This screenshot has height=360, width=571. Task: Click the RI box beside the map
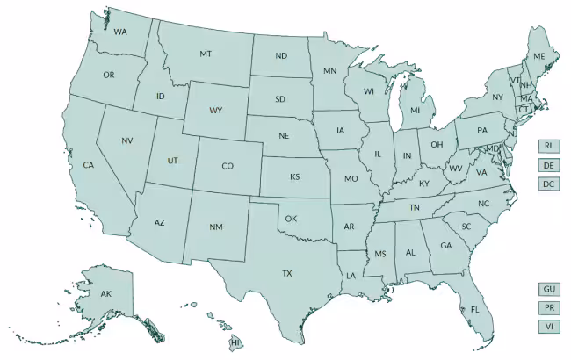(548, 146)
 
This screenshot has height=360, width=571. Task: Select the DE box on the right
(548, 165)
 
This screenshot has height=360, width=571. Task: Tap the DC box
(548, 184)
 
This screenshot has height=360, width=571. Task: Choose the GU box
(548, 289)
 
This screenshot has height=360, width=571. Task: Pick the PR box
(548, 307)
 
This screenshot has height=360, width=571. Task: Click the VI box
(548, 327)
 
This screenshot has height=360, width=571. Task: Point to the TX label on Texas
(286, 274)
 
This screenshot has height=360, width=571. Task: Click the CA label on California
(88, 165)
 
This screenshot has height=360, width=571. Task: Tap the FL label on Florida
(474, 310)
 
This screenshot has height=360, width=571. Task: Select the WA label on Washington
(119, 32)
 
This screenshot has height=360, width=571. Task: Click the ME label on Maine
(539, 56)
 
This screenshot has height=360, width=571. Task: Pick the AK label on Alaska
(105, 293)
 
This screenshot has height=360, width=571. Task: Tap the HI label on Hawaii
(235, 342)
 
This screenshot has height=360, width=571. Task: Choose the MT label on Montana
(206, 54)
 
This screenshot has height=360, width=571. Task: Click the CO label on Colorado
(228, 166)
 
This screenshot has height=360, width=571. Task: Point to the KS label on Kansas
(294, 176)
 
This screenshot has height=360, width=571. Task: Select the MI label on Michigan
(416, 112)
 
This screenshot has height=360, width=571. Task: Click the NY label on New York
(497, 97)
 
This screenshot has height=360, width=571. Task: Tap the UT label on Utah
(172, 161)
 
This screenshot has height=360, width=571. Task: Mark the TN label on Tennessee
(414, 207)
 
